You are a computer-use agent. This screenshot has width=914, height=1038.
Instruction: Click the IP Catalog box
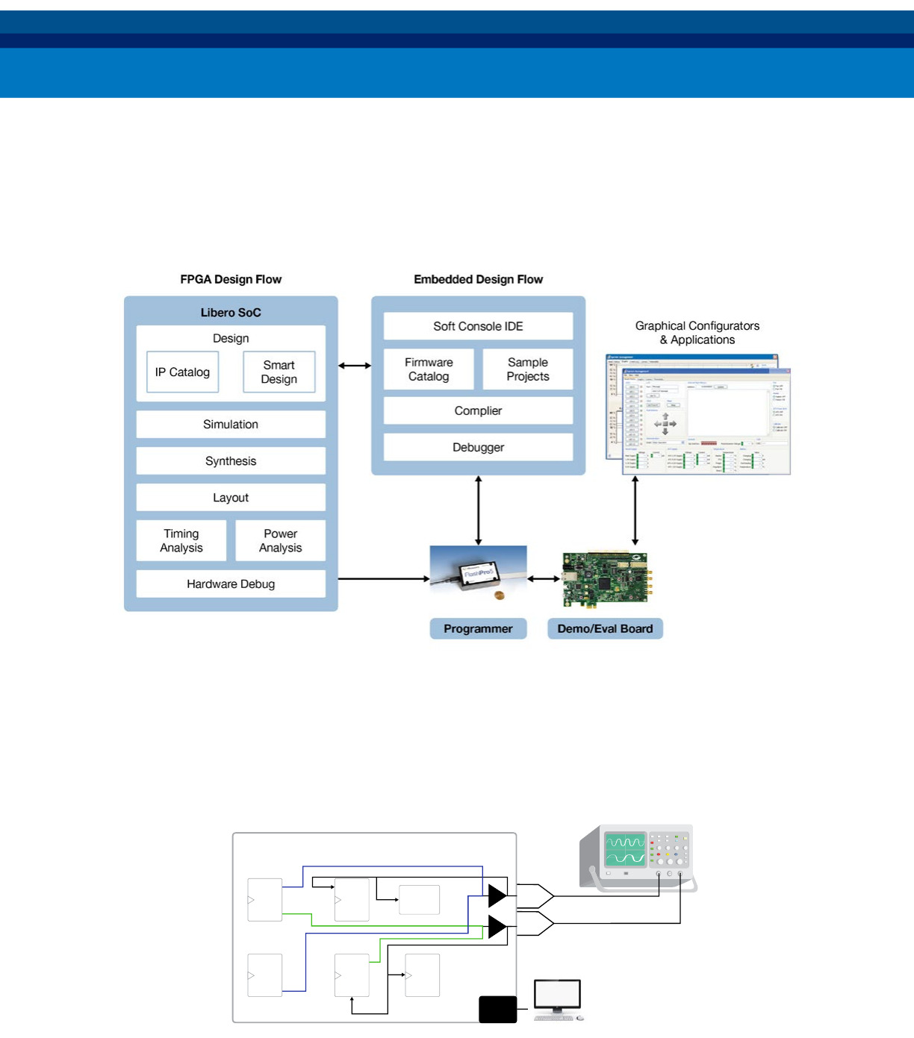click(182, 372)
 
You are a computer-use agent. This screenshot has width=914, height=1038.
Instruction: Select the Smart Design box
click(279, 372)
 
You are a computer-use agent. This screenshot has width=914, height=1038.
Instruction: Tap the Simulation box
click(231, 424)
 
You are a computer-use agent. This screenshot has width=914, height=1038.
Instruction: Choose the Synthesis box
click(231, 460)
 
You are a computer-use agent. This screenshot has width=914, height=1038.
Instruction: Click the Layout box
click(231, 497)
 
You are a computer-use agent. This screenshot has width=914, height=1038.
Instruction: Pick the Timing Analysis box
click(181, 540)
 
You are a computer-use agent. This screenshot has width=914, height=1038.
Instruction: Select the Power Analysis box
click(280, 540)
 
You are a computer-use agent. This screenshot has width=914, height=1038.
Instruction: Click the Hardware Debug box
click(231, 584)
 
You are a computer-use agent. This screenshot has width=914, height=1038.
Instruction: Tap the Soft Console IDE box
click(478, 326)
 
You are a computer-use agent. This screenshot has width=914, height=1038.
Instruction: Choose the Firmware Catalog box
click(429, 369)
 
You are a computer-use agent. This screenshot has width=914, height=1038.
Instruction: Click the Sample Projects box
click(527, 369)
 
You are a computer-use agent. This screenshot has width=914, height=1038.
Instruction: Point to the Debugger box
click(478, 447)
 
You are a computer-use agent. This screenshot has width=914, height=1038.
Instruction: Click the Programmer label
click(478, 628)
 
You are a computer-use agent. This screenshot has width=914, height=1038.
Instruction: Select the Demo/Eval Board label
click(605, 628)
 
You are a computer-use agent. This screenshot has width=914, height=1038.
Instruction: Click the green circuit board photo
click(605, 579)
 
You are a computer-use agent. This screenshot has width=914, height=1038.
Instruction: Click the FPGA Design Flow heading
click(231, 279)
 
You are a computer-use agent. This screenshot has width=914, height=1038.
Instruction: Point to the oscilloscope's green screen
click(625, 850)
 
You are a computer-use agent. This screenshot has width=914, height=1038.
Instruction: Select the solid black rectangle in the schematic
click(497, 1009)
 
